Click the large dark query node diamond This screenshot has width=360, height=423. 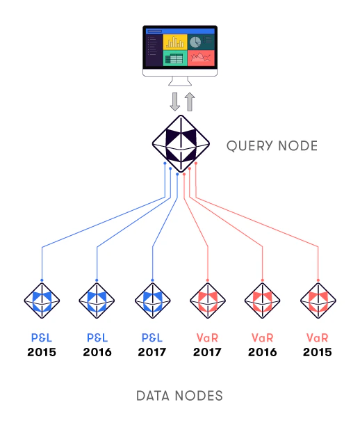pyautogui.click(x=181, y=144)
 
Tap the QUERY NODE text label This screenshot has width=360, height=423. pyautogui.click(x=272, y=146)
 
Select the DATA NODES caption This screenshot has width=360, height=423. pyautogui.click(x=180, y=396)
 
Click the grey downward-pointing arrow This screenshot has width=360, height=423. pyautogui.click(x=175, y=102)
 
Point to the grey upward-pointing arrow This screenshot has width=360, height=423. pyautogui.click(x=190, y=102)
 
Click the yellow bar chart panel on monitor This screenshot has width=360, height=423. pyautogui.click(x=175, y=42)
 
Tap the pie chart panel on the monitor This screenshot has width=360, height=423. pyautogui.click(x=201, y=42)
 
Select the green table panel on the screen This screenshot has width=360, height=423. pyautogui.click(x=175, y=58)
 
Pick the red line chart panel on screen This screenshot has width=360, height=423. pyautogui.click(x=201, y=58)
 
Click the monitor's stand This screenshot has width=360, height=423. pyautogui.click(x=180, y=81)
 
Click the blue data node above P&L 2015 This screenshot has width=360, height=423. pyautogui.click(x=42, y=301)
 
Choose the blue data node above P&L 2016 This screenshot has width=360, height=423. pyautogui.click(x=97, y=301)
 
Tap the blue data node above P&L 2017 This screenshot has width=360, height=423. pyautogui.click(x=152, y=301)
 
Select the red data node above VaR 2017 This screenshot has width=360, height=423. pyautogui.click(x=208, y=301)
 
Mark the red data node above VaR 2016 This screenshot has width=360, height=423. pyautogui.click(x=263, y=301)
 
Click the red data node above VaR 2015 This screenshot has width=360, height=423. pyautogui.click(x=318, y=301)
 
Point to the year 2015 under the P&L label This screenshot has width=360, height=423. pyautogui.click(x=42, y=352)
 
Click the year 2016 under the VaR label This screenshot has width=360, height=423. pyautogui.click(x=263, y=352)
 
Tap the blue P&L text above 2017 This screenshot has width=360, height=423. pyautogui.click(x=152, y=337)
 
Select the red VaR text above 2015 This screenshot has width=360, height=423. pyautogui.click(x=318, y=337)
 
